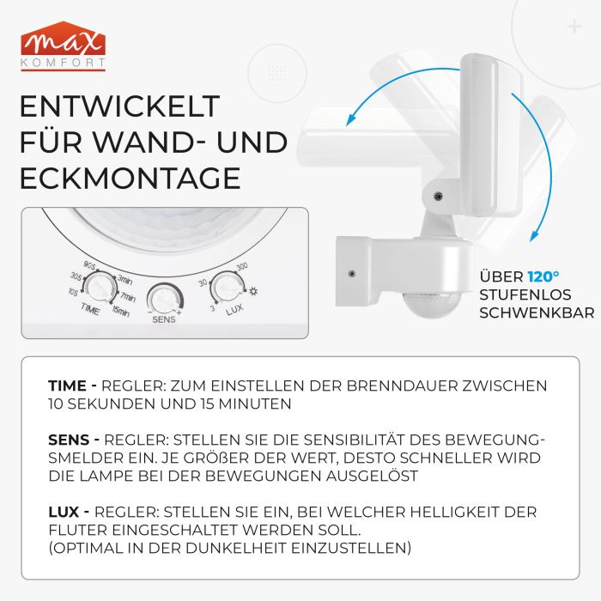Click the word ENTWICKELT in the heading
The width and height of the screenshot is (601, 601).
(x=119, y=108)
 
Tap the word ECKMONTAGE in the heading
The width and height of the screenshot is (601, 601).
(x=129, y=177)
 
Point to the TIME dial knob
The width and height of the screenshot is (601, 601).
(x=101, y=284)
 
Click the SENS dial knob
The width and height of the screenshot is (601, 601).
(x=162, y=299)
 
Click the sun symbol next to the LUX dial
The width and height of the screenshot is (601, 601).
(x=253, y=290)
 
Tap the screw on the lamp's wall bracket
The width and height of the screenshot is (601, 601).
(x=352, y=273)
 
